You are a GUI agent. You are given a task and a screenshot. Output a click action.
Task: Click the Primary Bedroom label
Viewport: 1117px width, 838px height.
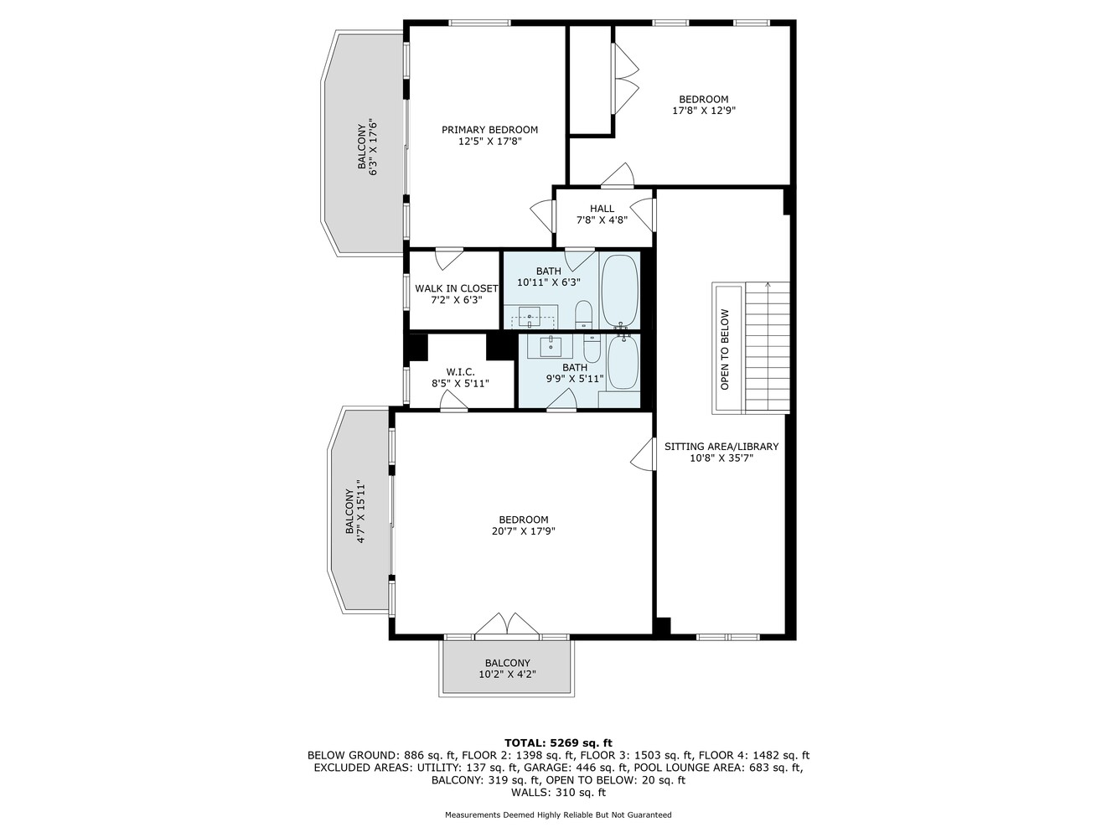coord(489,129)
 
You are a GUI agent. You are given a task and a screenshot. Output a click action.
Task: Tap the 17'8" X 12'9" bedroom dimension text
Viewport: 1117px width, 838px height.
coord(703,110)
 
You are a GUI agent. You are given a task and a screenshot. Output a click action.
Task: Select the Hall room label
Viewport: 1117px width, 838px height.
coord(602,209)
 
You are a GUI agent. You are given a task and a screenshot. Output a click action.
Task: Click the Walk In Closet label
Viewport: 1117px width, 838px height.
coord(456,288)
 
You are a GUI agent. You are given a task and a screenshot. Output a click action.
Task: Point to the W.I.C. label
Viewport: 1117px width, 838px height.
coord(460,371)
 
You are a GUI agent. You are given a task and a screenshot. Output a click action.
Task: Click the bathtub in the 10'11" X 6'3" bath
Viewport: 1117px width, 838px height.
coord(619,290)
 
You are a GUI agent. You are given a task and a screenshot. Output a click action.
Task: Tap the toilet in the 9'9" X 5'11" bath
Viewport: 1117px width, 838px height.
coord(592,348)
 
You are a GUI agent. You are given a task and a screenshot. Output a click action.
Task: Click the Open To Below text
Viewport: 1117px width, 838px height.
coord(725,349)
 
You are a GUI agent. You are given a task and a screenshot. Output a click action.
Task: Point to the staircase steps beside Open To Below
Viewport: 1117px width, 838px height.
coord(767,348)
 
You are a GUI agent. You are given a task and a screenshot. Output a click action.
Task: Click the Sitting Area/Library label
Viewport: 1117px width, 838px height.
coord(721,447)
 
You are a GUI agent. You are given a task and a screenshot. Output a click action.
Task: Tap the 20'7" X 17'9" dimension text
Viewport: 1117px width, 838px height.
coord(523,530)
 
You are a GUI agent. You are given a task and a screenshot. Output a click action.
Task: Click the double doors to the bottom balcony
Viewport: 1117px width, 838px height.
coord(506,625)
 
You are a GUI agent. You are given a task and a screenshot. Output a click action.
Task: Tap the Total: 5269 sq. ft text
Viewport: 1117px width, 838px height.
coord(558,742)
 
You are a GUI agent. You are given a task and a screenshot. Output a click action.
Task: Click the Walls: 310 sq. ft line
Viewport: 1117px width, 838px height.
coord(558,792)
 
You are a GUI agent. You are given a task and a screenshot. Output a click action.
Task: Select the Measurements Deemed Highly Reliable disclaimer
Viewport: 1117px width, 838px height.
coord(558,815)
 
